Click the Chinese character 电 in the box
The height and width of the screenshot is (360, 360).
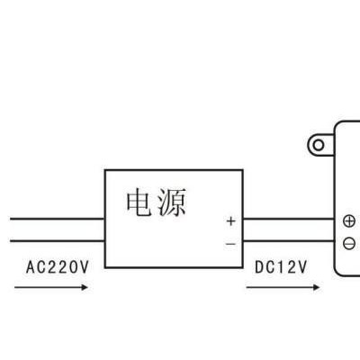(x=139, y=202)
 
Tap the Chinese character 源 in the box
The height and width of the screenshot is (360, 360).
(x=172, y=202)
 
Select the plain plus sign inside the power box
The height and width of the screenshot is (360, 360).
(x=231, y=221)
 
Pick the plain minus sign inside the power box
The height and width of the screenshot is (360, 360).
(x=230, y=244)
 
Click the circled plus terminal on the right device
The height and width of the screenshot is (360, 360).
(x=349, y=221)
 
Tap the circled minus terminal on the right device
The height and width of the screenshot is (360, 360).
(x=349, y=243)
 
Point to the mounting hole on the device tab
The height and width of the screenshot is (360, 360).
(x=319, y=146)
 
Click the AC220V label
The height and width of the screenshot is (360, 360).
(x=58, y=267)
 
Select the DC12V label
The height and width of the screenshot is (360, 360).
(x=281, y=267)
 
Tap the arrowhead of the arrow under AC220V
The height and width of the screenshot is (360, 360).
(x=85, y=287)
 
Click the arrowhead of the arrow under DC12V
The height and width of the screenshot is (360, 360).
(x=316, y=287)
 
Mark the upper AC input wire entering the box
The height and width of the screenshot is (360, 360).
(x=58, y=219)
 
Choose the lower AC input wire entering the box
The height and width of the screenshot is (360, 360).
(x=58, y=241)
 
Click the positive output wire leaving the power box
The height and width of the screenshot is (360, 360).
(x=289, y=219)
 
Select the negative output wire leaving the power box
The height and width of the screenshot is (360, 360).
(x=289, y=241)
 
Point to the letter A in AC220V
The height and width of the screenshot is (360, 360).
(x=31, y=267)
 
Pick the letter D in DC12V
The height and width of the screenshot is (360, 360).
(x=259, y=267)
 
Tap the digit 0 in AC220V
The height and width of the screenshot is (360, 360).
(x=74, y=267)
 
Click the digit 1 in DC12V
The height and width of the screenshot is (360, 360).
(x=281, y=267)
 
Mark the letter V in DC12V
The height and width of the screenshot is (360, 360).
(x=302, y=267)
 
